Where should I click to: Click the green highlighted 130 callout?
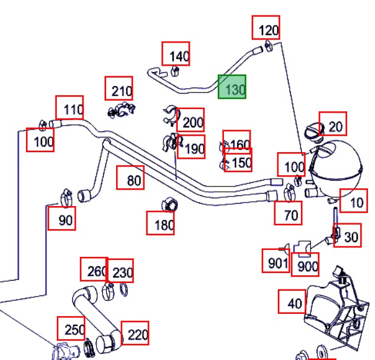point(232,86)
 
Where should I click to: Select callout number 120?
point(266,27)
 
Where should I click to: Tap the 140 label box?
point(176,53)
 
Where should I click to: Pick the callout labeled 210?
point(118,88)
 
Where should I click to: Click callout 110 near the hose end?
point(69,107)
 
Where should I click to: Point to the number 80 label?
point(130,178)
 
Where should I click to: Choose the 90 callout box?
point(62,218)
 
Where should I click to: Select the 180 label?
point(160,223)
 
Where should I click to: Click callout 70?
point(288,213)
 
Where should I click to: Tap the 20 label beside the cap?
point(333,124)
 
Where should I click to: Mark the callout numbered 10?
point(354,201)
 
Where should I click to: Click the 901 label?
point(276,261)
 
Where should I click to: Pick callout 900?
point(305,265)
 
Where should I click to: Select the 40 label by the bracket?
point(292,301)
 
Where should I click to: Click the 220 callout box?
point(135,333)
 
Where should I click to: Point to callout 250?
point(71,329)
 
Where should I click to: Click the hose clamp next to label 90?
point(66,197)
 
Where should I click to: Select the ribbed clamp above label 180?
point(169,205)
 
